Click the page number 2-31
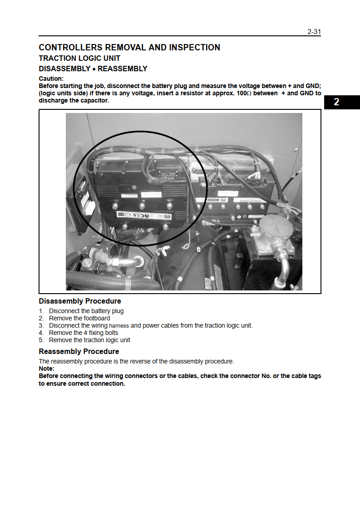(x=314, y=32)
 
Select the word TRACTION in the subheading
(x=58, y=59)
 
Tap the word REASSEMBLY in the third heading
(x=123, y=69)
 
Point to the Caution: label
(x=51, y=79)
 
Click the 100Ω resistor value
(x=244, y=93)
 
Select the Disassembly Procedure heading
(x=80, y=301)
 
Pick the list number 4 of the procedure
(x=41, y=333)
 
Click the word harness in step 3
(x=119, y=326)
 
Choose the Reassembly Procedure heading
(x=79, y=352)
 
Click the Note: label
(x=46, y=368)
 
